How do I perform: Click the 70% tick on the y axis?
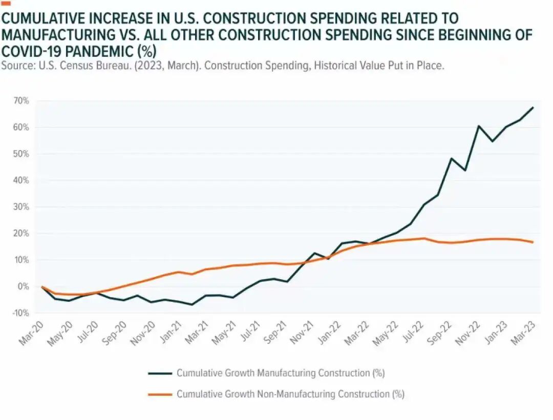tap(21, 100)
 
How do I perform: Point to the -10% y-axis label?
tap(20, 313)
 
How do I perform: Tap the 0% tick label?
tap(23, 286)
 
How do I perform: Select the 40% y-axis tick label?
tap(21, 180)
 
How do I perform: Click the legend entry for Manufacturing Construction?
tap(280, 373)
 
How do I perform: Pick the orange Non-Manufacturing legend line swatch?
tap(159, 394)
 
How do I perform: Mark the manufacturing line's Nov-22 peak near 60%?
tap(479, 125)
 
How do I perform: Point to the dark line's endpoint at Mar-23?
tap(534, 107)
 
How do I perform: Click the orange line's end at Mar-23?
tap(534, 242)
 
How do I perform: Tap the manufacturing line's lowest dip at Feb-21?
tap(192, 305)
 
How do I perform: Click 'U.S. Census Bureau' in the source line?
tap(72, 66)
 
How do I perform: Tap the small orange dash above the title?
tap(6, 4)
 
